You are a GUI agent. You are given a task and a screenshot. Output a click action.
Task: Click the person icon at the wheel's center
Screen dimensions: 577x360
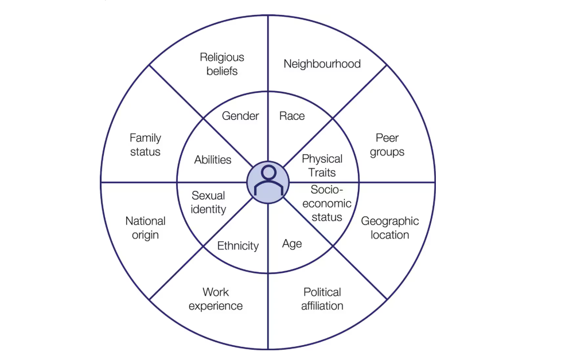(x=267, y=182)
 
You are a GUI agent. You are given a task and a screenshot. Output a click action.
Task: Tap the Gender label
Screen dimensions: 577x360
(x=240, y=116)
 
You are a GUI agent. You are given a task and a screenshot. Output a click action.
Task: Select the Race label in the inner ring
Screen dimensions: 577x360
(x=292, y=116)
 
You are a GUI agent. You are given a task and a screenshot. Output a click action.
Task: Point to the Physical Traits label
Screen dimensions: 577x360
(x=322, y=165)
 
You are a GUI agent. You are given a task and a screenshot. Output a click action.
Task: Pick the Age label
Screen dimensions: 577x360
(x=292, y=244)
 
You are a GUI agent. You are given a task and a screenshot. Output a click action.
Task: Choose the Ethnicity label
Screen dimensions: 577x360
(x=238, y=245)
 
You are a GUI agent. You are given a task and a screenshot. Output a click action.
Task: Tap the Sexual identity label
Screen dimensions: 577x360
(x=209, y=202)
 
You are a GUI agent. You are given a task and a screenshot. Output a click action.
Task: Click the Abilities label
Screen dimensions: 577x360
(x=213, y=160)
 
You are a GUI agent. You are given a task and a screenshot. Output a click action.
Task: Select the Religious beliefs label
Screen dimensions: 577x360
(x=222, y=64)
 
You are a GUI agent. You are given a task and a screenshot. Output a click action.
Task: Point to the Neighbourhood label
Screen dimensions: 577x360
(x=322, y=64)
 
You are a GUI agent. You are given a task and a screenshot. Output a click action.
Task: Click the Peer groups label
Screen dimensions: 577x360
(x=387, y=145)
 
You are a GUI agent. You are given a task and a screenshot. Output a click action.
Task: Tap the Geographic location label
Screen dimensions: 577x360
(x=390, y=228)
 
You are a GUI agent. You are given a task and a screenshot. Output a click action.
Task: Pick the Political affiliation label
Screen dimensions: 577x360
(x=322, y=299)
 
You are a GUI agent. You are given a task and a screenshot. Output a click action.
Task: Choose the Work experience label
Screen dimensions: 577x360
(x=216, y=299)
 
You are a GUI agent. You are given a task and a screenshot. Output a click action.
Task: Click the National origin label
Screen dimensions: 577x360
(x=145, y=228)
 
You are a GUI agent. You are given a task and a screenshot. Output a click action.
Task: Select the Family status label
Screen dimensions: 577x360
(x=145, y=144)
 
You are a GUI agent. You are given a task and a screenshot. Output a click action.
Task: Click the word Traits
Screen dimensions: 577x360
(x=322, y=172)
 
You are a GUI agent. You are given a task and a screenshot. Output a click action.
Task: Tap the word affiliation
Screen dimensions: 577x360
(x=322, y=306)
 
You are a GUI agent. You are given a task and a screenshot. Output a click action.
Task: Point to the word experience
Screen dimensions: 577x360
(x=216, y=306)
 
